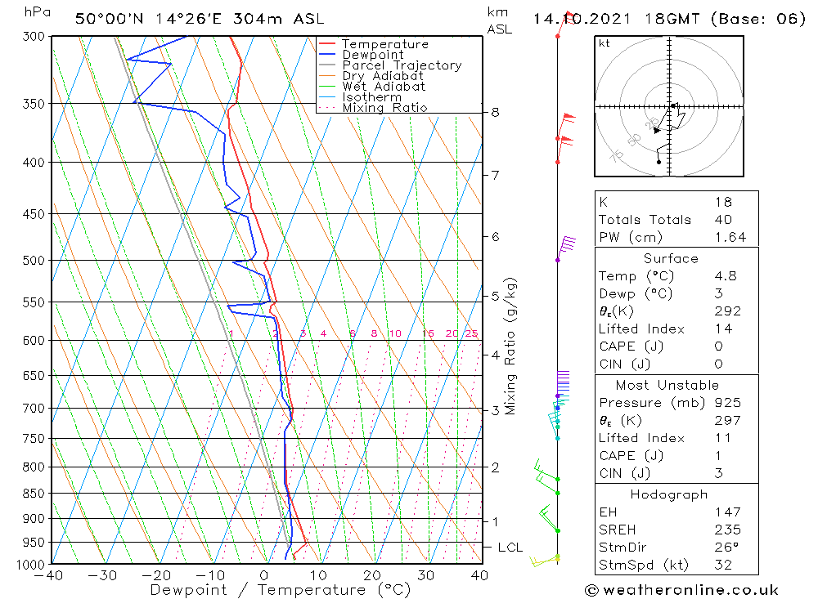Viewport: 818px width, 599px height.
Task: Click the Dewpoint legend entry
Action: [x=372, y=55]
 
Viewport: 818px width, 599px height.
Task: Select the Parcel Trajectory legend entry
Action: [x=401, y=65]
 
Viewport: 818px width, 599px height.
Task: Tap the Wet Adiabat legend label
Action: [x=383, y=87]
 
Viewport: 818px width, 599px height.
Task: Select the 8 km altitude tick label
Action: [x=495, y=112]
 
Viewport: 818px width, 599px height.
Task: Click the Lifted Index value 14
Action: [x=721, y=329]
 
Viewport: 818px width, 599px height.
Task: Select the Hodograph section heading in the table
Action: [x=670, y=494]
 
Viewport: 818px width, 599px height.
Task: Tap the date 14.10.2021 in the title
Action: [x=576, y=19]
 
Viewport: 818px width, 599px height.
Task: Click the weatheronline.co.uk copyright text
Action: [x=681, y=589]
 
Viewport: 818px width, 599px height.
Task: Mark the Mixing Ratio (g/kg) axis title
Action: [x=511, y=346]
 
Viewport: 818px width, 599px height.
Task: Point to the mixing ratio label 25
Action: [x=471, y=333]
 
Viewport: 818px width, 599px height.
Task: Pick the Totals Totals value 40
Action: [x=722, y=219]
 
